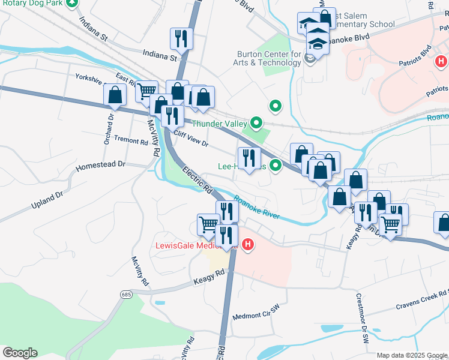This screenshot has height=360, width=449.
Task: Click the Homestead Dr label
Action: point(101,164)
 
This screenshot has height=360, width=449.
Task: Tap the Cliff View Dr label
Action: point(190,140)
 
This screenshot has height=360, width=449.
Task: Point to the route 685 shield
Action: point(125,295)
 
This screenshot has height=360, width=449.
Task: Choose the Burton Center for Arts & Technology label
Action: point(268,58)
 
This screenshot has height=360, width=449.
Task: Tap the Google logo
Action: point(19,353)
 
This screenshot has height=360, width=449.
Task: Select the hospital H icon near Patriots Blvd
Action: point(441,61)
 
